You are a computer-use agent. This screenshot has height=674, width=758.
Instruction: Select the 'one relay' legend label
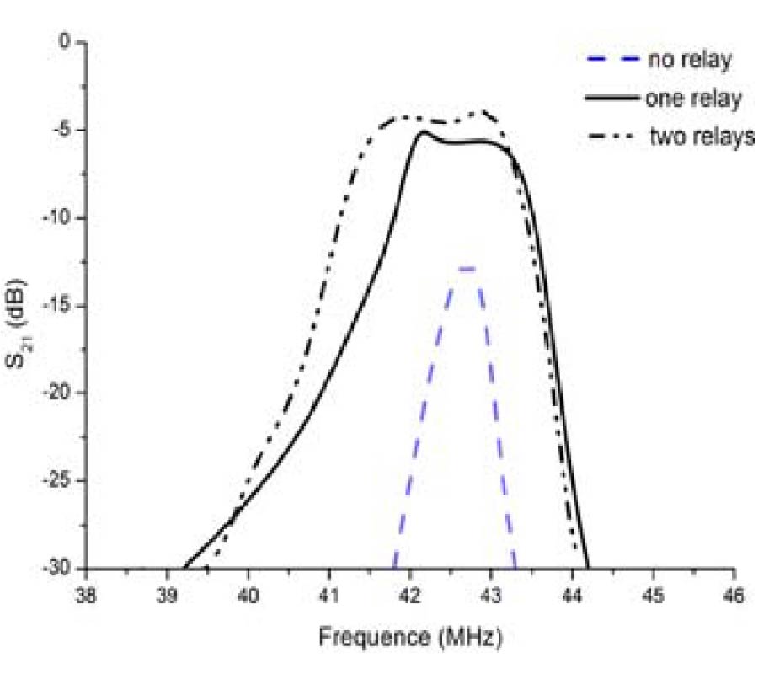[x=693, y=99]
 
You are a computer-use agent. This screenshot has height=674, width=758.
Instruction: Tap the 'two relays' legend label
[x=702, y=137]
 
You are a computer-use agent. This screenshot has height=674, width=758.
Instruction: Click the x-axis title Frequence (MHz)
[x=410, y=637]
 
